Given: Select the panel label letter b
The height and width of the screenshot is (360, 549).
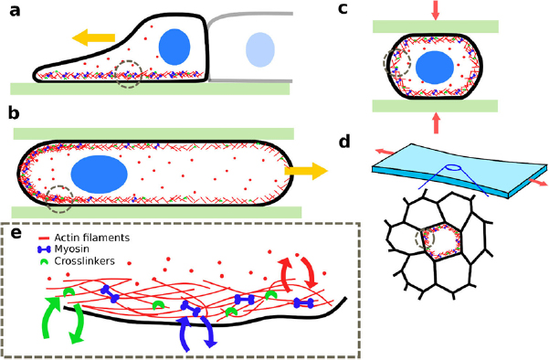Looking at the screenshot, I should click(x=15, y=113).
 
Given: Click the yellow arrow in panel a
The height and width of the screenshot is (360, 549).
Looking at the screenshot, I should click(x=94, y=37).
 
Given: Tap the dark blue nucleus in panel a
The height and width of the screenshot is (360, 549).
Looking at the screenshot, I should click(x=174, y=46).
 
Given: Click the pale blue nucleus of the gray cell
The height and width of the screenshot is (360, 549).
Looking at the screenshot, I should click(x=260, y=48).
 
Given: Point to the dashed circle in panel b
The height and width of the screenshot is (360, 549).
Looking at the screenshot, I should click(x=59, y=196).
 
